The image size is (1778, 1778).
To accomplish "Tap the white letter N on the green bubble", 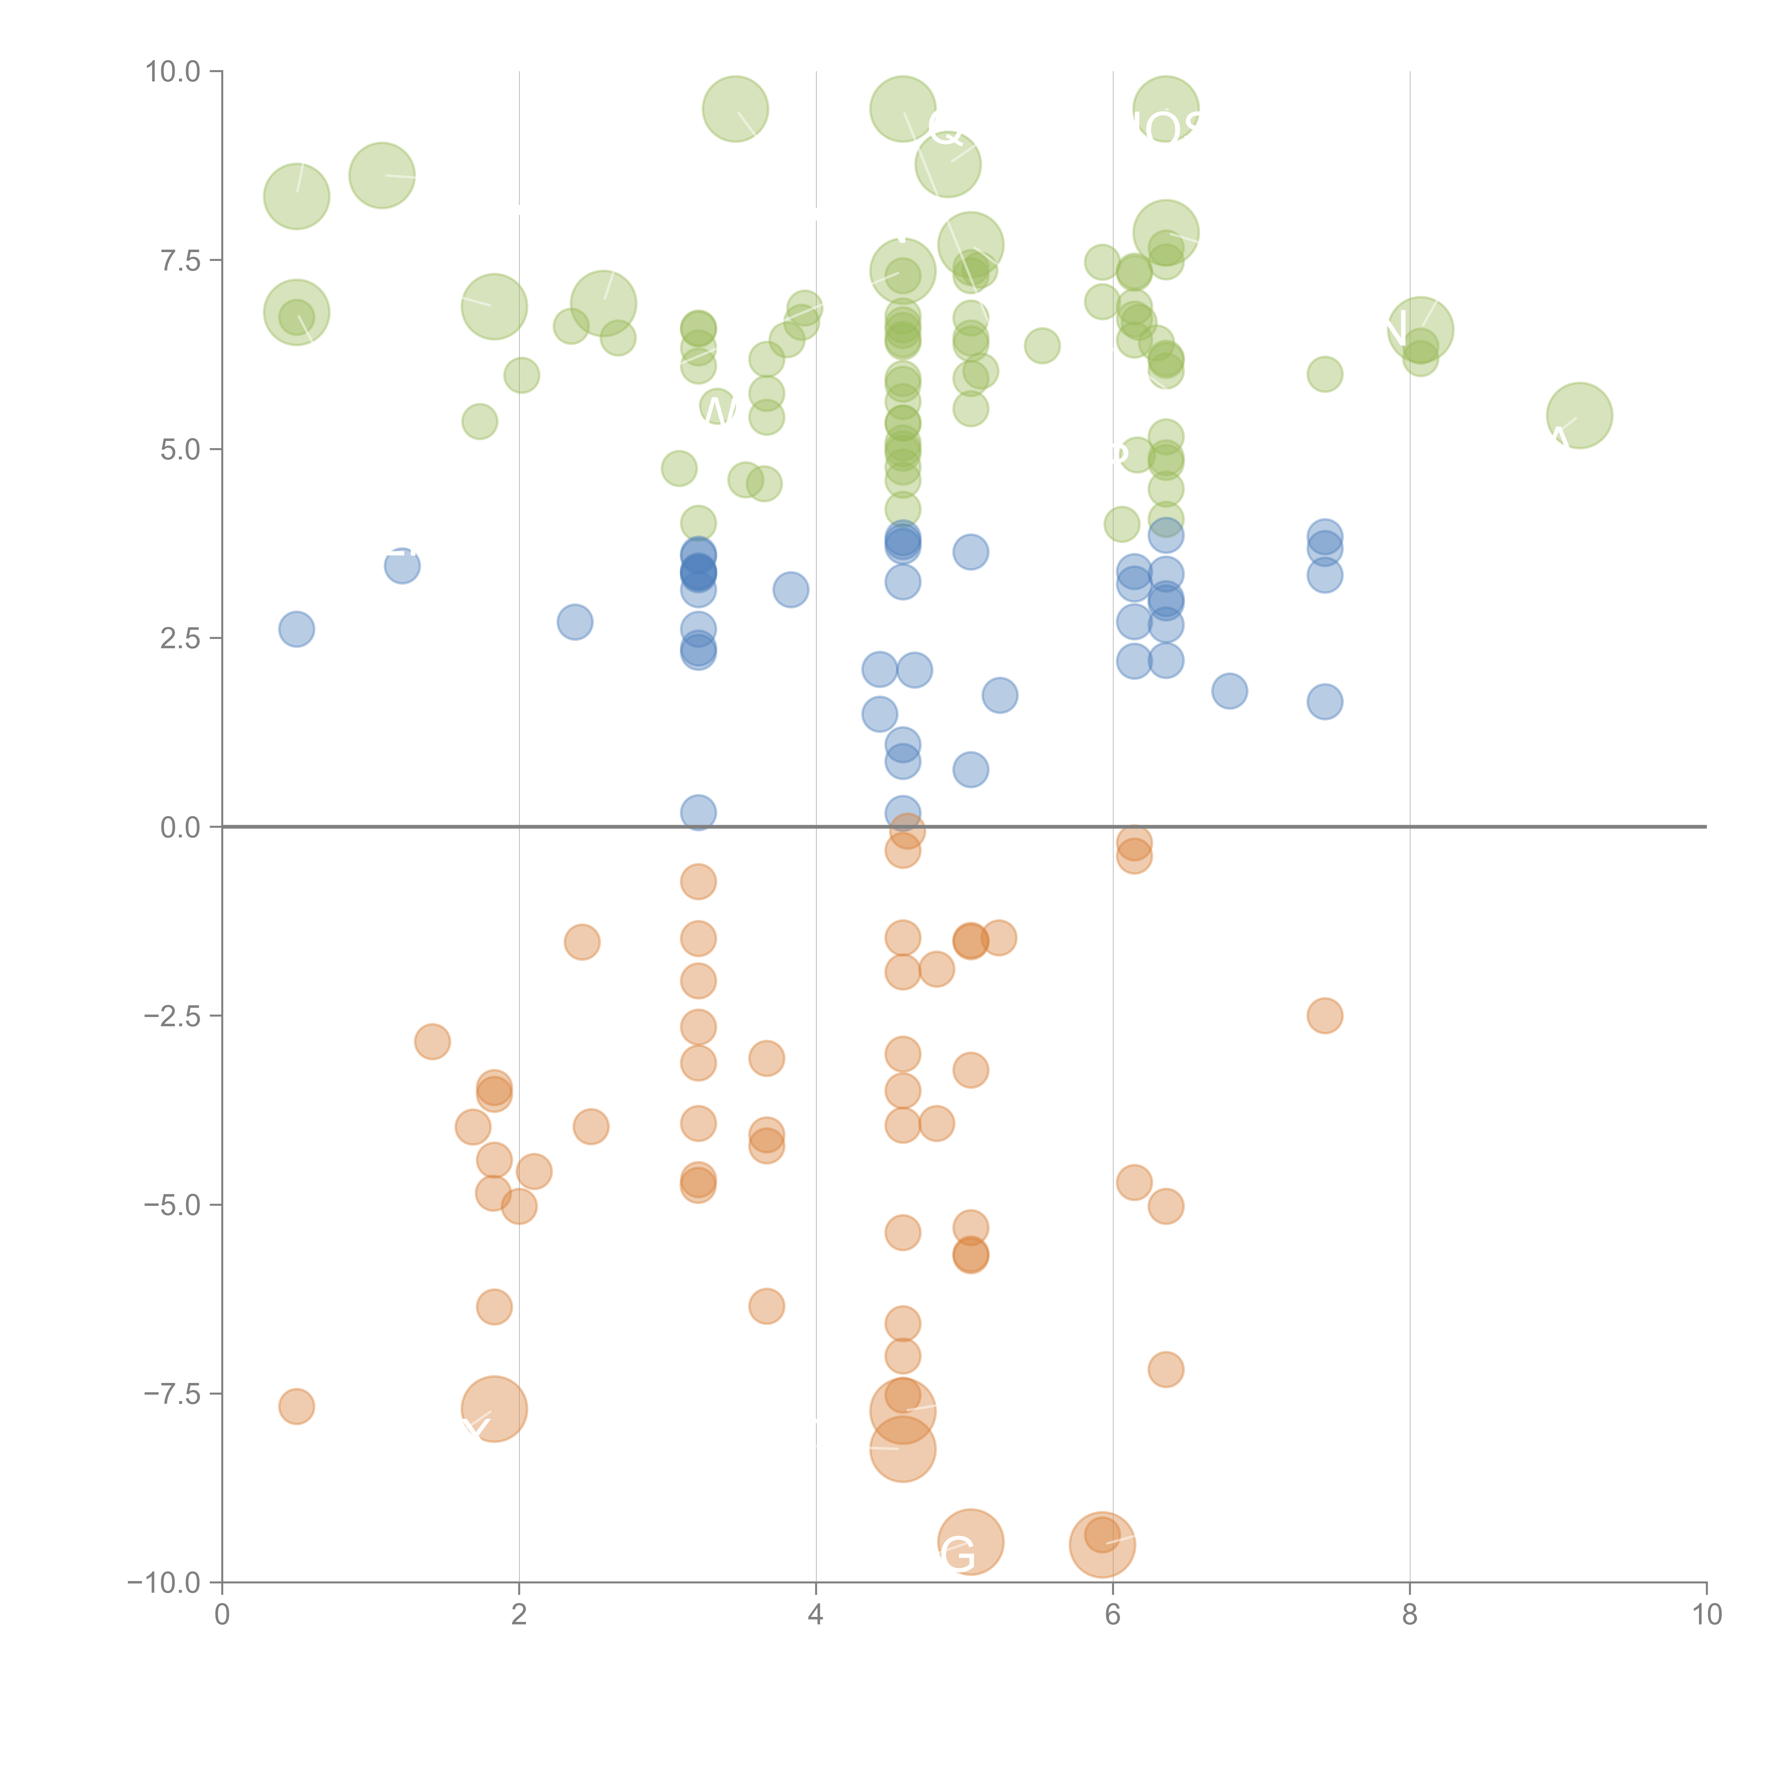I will tap(1396, 329).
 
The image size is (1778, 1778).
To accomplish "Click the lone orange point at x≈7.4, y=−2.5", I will tap(1324, 1016).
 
